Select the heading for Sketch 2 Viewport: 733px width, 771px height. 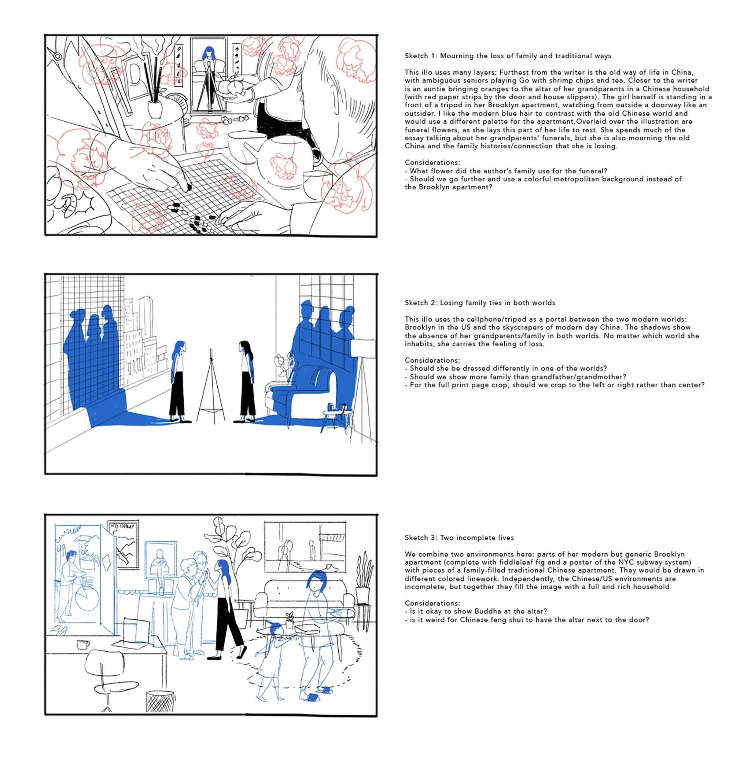point(480,303)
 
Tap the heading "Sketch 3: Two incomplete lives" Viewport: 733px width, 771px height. point(459,538)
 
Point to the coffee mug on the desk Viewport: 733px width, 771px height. point(83,644)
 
